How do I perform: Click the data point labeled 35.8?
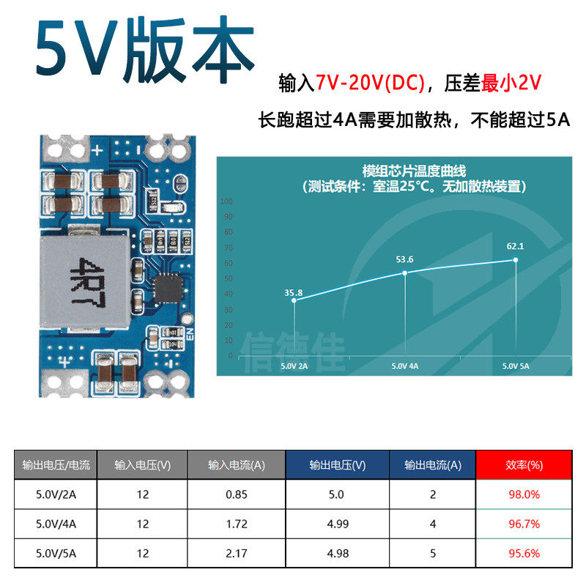coord(294,300)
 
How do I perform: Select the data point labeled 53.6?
coord(405,273)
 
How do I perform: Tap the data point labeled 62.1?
coord(516,260)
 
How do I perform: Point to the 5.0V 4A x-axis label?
coord(404,365)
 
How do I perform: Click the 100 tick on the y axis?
coord(226,201)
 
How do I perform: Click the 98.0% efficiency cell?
coord(524,494)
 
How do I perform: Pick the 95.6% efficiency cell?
coord(524,553)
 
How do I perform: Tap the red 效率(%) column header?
coord(524,464)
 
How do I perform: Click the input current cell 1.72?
coord(237,524)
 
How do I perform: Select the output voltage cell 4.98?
coord(336,553)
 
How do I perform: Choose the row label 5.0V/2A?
coord(56,494)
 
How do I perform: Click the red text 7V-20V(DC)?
coord(371,84)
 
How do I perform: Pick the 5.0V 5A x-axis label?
coord(516,365)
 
